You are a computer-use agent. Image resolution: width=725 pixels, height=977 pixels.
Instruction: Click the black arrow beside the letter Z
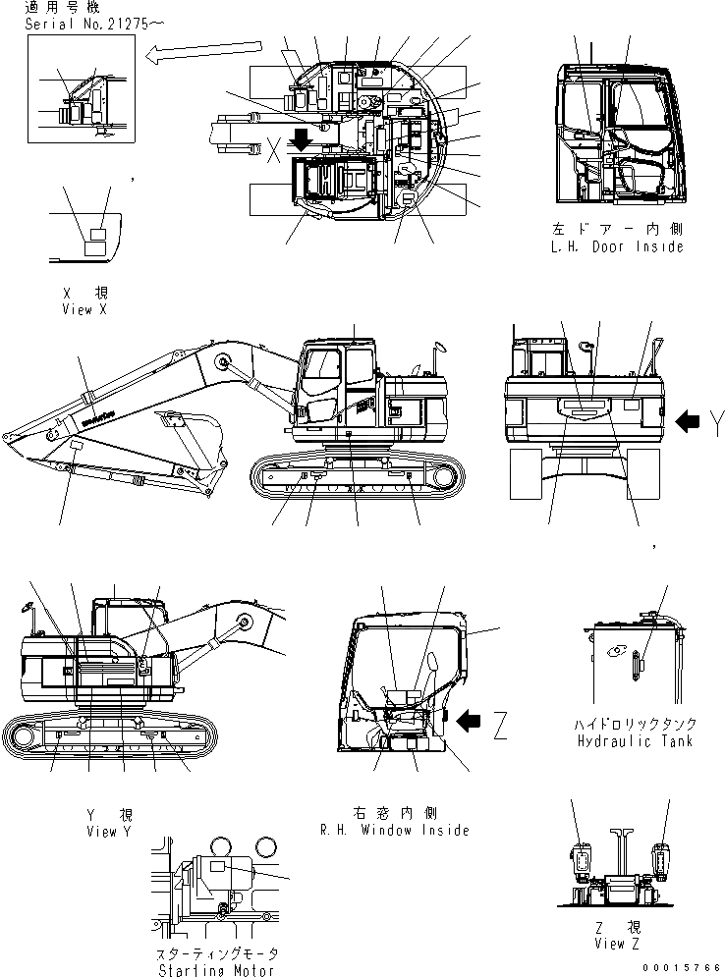[472, 722]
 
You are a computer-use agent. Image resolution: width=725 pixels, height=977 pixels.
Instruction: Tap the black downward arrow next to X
[302, 141]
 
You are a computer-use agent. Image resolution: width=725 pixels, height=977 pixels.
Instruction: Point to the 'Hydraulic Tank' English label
[635, 740]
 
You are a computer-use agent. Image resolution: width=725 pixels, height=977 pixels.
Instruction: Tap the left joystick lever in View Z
[582, 861]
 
